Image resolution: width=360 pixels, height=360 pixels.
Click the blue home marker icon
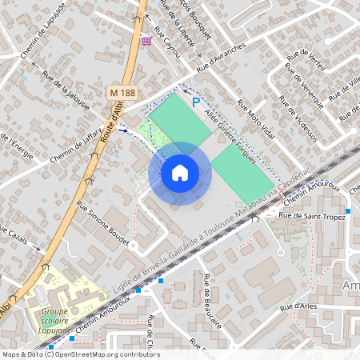pyautogui.click(x=180, y=173)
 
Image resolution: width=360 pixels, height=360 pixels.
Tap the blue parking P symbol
pyautogui.click(x=196, y=102)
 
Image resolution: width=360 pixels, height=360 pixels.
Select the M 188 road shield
pyautogui.click(x=118, y=94)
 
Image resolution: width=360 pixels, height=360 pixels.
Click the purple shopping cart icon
pyautogui.click(x=146, y=40)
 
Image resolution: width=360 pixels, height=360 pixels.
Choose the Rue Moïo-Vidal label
pyautogui.click(x=255, y=119)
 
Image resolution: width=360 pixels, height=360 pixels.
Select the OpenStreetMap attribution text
pyautogui.click(x=81, y=354)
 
